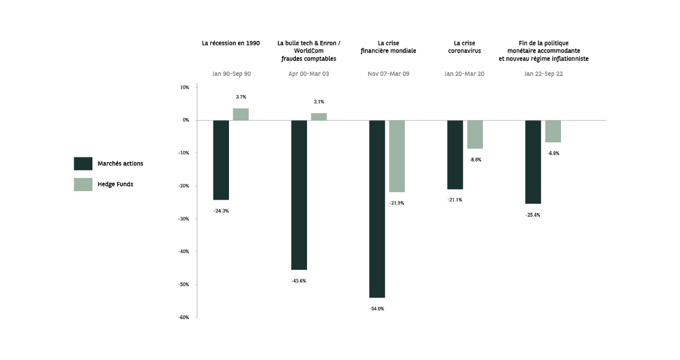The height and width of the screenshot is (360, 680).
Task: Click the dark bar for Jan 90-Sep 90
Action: click(221, 160)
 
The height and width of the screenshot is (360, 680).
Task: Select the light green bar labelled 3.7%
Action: click(241, 114)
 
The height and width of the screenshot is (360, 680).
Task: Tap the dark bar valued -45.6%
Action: click(299, 195)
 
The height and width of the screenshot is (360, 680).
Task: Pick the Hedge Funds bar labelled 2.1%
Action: click(319, 117)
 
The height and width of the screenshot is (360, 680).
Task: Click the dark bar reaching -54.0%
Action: click(377, 209)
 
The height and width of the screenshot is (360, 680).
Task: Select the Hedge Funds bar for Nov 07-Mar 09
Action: click(396, 156)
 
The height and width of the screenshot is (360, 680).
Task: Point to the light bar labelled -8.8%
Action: click(474, 134)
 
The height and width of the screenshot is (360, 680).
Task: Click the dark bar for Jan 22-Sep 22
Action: click(533, 162)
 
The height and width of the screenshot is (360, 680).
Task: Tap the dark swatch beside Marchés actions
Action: click(83, 164)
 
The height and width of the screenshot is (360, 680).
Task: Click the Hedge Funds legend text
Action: click(115, 184)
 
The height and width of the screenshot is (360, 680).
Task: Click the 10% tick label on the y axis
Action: click(184, 87)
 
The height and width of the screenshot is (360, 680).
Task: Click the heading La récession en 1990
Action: click(231, 43)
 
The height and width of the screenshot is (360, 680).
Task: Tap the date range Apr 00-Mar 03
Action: click(309, 74)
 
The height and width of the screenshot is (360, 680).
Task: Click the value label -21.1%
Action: click(455, 200)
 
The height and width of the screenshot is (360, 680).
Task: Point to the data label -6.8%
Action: click(553, 153)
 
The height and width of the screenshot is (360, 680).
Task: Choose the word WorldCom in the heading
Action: click(309, 51)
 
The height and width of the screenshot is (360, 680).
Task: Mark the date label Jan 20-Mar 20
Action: click(464, 74)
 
